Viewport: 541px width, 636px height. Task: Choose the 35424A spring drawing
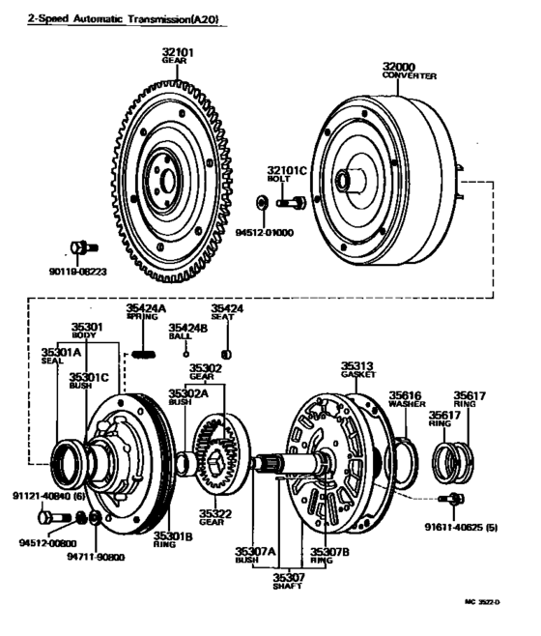click(144, 353)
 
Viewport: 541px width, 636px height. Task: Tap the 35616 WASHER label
click(406, 398)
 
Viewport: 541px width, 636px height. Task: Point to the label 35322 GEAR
click(214, 516)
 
